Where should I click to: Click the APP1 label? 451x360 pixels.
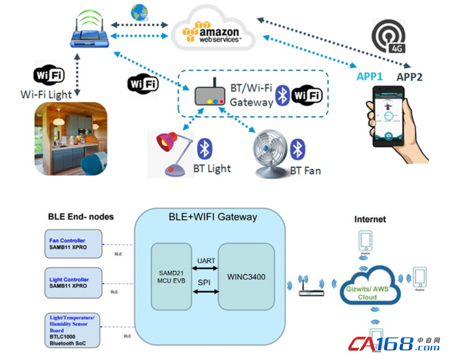[370, 77]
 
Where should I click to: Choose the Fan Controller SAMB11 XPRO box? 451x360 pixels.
[73, 244]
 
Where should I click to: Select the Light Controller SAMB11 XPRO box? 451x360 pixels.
[73, 283]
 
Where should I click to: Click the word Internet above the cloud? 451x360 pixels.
[370, 219]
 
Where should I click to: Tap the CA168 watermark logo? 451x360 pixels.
[394, 343]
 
